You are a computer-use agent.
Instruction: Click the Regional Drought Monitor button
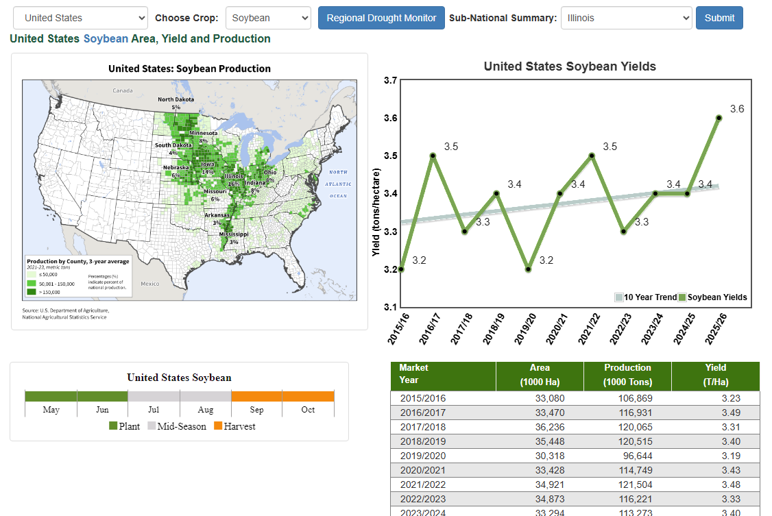(381, 18)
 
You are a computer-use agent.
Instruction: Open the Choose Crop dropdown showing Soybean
(269, 18)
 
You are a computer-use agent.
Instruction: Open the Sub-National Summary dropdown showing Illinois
(626, 18)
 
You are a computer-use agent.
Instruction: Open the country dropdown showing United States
(80, 18)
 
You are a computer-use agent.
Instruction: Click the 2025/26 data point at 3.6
(719, 118)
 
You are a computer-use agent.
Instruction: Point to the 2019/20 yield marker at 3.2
(528, 269)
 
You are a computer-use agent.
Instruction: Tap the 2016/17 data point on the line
(433, 156)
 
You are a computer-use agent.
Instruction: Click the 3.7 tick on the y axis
(390, 80)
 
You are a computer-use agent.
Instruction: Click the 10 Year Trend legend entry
(646, 297)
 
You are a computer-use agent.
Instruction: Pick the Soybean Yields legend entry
(713, 297)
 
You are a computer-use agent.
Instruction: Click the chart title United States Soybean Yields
(570, 66)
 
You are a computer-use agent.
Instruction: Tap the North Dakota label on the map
(176, 99)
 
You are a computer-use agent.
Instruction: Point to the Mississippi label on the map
(234, 234)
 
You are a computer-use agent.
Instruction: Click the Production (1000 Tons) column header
(627, 375)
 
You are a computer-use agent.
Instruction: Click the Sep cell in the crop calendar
(256, 410)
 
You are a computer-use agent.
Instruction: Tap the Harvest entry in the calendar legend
(234, 426)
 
